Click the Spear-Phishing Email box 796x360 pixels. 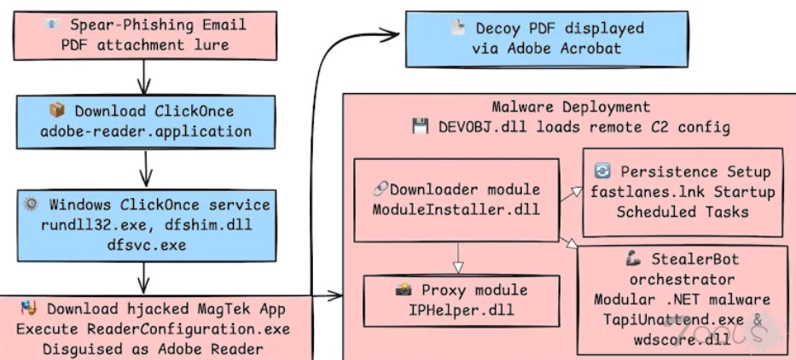143,34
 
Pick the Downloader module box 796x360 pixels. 456,198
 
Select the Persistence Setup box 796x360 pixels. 683,193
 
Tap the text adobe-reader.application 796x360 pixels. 146,132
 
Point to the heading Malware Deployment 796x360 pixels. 571,107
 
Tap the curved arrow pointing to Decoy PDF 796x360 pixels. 320,128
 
